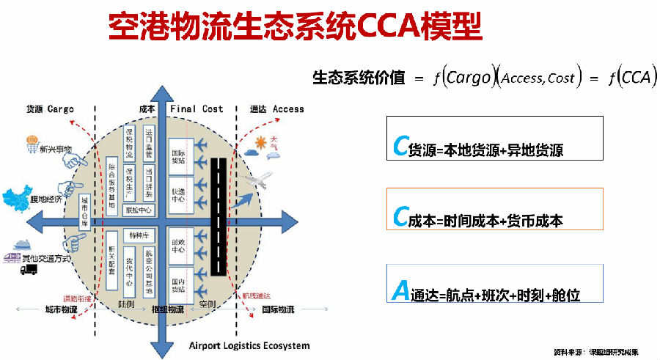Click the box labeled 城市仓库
click(x=85, y=213)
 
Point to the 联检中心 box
click(x=139, y=210)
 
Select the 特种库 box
click(x=139, y=236)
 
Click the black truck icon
click(x=29, y=270)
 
